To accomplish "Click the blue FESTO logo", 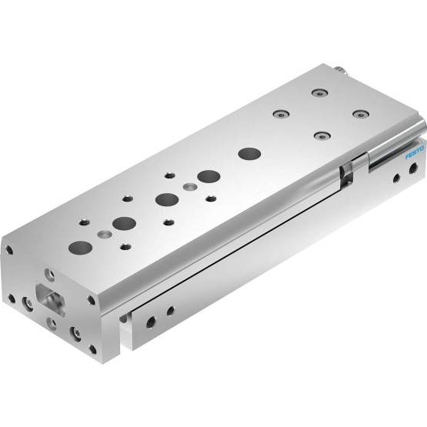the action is click(x=415, y=153).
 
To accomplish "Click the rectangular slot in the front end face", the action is click(x=51, y=300).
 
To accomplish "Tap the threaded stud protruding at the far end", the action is click(x=340, y=70).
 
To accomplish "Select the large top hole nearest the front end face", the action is click(x=80, y=248).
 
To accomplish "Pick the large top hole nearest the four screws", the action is click(x=249, y=154).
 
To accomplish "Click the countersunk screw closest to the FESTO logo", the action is click(x=361, y=115).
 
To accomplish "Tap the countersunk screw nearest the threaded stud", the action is click(x=320, y=93).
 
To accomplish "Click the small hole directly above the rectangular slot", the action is click(x=49, y=275).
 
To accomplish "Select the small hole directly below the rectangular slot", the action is click(x=52, y=323).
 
